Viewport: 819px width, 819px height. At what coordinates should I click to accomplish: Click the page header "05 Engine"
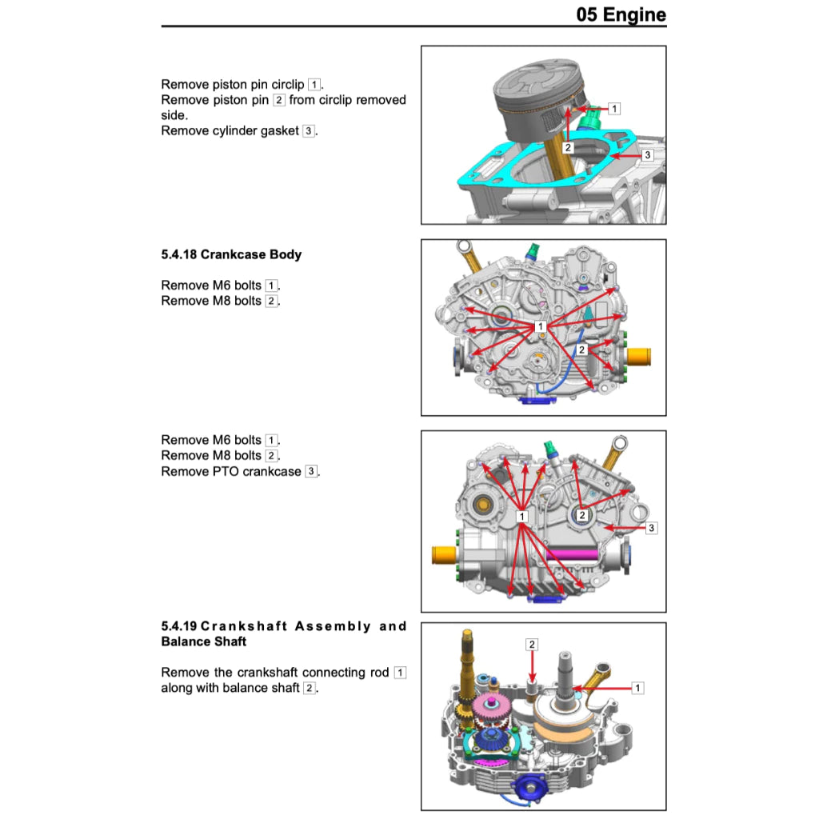pyautogui.click(x=621, y=14)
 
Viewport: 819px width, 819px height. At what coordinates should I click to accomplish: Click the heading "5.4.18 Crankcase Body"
pyautogui.click(x=231, y=254)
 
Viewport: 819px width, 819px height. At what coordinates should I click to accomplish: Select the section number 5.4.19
pyautogui.click(x=179, y=626)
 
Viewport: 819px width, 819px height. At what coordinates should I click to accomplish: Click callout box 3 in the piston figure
pyautogui.click(x=647, y=154)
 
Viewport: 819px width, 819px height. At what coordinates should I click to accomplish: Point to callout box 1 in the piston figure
pyautogui.click(x=613, y=108)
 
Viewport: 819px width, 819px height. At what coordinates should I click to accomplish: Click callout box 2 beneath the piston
pyautogui.click(x=567, y=148)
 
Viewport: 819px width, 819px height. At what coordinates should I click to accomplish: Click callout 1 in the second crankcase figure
pyautogui.click(x=541, y=326)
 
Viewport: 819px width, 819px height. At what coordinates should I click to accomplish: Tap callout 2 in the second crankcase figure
pyautogui.click(x=582, y=350)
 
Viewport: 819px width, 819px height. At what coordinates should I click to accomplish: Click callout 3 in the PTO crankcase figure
pyautogui.click(x=651, y=528)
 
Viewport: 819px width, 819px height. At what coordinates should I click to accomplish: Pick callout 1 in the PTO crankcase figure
pyautogui.click(x=521, y=517)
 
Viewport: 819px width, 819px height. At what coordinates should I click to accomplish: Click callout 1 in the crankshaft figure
pyautogui.click(x=637, y=687)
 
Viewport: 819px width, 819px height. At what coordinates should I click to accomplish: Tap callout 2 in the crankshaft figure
pyautogui.click(x=532, y=644)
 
